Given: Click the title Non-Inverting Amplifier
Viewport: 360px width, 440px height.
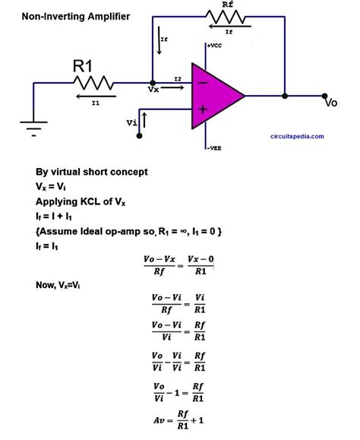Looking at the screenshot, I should (65, 15).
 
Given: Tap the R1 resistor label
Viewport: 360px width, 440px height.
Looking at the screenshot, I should (83, 67).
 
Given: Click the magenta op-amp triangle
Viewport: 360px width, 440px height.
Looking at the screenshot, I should (214, 96).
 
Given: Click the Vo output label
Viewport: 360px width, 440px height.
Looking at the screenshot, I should (330, 102).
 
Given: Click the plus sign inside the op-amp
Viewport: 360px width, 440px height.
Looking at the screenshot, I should (203, 109).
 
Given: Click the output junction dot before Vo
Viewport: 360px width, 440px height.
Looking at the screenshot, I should (284, 96).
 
